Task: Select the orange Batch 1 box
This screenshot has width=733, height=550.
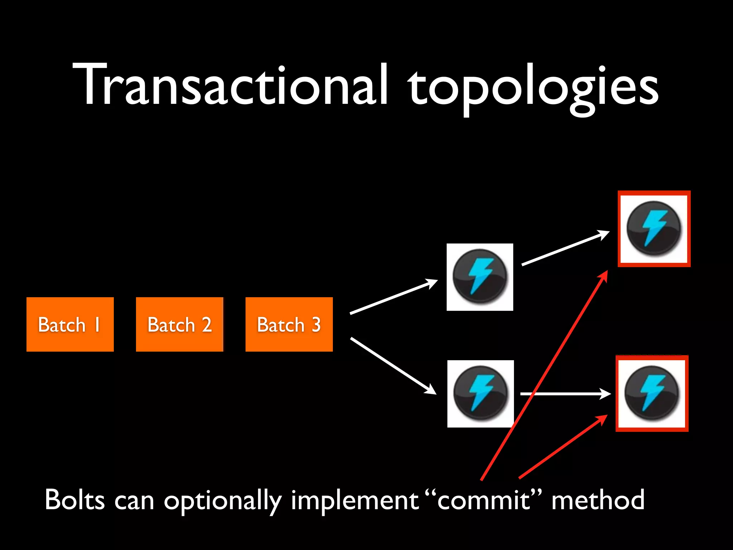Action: (70, 324)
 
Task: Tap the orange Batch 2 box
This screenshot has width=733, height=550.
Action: (180, 324)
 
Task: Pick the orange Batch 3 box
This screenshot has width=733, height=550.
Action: (289, 324)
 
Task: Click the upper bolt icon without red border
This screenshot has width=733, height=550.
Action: (480, 277)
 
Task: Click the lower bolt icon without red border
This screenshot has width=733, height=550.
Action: (480, 394)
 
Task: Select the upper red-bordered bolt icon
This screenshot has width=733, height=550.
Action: (654, 229)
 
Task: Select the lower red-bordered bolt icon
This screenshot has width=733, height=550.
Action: (652, 394)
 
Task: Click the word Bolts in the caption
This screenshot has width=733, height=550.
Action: (74, 500)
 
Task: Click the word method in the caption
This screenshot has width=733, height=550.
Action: (598, 500)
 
